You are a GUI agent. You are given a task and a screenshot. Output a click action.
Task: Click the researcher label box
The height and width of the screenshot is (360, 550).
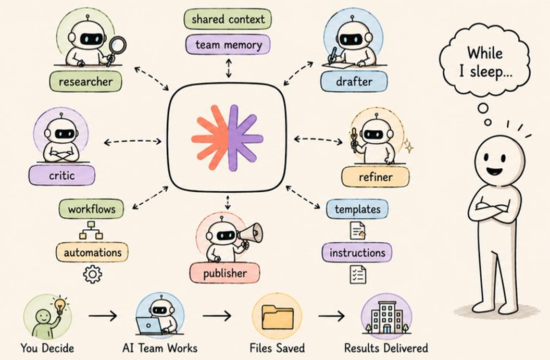(85, 81)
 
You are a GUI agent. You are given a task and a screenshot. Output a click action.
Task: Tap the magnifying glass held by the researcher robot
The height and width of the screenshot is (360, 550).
(116, 49)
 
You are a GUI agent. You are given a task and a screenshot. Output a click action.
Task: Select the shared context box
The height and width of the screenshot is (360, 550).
(228, 19)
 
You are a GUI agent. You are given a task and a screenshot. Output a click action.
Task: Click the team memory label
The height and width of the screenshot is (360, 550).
(228, 45)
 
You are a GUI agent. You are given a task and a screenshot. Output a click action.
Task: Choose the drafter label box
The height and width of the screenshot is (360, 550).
(354, 81)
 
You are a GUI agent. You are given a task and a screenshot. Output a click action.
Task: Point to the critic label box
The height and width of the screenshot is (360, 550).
(62, 175)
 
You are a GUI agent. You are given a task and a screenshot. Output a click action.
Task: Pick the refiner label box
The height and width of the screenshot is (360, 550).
(375, 177)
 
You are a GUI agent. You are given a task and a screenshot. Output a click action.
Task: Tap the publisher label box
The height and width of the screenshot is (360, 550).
(225, 272)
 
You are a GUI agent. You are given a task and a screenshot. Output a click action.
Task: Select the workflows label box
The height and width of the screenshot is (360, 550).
(92, 209)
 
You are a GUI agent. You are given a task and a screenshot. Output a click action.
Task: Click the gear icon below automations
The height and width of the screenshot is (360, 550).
(93, 274)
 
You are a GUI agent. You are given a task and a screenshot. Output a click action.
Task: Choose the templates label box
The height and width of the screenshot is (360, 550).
(357, 209)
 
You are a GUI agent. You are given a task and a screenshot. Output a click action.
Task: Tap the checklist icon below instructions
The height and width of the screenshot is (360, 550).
(358, 275)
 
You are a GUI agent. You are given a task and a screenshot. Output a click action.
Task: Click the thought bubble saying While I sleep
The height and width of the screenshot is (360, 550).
(485, 61)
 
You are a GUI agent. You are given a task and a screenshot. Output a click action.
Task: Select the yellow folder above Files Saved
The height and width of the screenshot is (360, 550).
(278, 317)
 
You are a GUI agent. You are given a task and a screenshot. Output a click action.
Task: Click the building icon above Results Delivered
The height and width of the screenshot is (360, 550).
(386, 317)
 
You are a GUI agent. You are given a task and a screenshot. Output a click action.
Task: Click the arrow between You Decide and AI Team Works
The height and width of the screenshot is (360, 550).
(103, 316)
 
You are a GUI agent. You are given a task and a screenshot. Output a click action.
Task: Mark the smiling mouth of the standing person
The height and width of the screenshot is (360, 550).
(495, 171)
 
